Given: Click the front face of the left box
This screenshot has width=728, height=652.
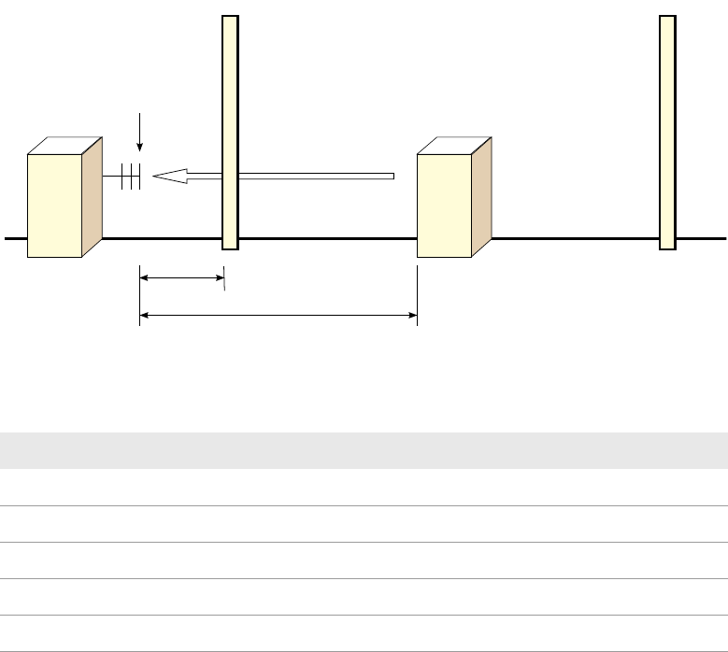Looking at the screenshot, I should [55, 205].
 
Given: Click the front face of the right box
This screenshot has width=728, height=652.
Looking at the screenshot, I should [444, 205].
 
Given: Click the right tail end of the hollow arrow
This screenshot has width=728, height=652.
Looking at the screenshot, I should [392, 175].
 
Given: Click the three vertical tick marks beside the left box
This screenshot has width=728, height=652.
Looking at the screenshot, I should [131, 177].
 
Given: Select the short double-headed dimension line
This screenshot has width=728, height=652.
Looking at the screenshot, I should [182, 276].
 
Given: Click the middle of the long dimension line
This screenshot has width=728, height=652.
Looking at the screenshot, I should [278, 316].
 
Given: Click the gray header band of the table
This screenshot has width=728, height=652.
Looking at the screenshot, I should [364, 449].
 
